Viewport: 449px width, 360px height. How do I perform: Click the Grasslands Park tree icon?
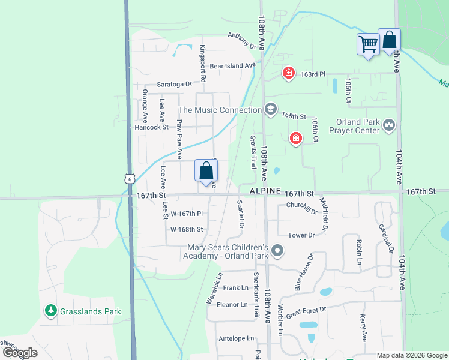tap(51, 311)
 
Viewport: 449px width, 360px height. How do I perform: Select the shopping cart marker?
tap(367, 44)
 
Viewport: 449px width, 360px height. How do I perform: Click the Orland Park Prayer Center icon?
tap(388, 125)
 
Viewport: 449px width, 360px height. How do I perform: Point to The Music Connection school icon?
tap(270, 109)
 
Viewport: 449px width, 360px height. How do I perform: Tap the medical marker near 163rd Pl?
tap(289, 74)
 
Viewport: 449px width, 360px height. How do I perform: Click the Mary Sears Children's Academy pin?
tap(276, 251)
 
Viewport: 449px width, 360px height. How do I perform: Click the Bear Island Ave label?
tap(232, 65)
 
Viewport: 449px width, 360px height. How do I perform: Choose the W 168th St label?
tap(187, 229)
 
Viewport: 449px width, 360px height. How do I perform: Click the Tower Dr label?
tap(301, 235)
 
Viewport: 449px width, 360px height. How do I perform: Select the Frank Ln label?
tap(235, 288)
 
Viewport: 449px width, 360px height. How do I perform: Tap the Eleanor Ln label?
tap(232, 304)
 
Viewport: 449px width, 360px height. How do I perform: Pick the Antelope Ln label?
tap(237, 339)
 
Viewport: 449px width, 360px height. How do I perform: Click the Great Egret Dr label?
tap(306, 311)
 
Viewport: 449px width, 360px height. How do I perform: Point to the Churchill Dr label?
tap(301, 206)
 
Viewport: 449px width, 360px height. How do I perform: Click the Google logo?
tap(19, 353)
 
